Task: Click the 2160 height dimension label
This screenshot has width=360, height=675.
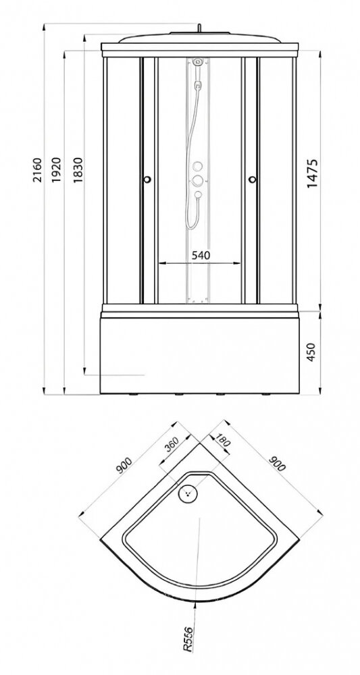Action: click(x=38, y=171)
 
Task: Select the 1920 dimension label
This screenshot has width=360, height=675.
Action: click(x=57, y=170)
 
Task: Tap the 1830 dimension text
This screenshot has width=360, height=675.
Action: click(x=78, y=170)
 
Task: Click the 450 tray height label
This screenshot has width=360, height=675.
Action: click(x=311, y=352)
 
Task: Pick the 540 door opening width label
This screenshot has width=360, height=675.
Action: click(x=201, y=255)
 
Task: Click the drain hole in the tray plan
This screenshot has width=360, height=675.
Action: click(x=188, y=493)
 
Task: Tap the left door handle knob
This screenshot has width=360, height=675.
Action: click(x=147, y=180)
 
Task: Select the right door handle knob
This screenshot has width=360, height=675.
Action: click(x=253, y=180)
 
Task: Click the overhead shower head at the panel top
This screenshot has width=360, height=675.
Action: click(x=198, y=61)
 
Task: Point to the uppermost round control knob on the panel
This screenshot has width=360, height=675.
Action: click(x=198, y=166)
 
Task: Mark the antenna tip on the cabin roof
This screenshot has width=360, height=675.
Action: click(x=199, y=26)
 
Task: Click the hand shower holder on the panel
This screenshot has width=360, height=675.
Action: click(x=198, y=84)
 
